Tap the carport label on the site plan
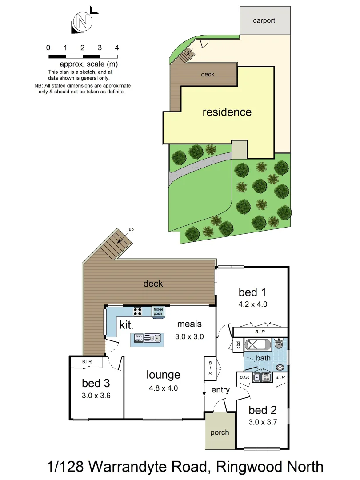[x=264, y=20]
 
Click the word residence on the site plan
[x=227, y=112]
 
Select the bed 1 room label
[x=252, y=292]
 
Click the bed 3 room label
[x=96, y=383]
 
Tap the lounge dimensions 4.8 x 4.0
[x=163, y=388]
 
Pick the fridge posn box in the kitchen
[x=158, y=311]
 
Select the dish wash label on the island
[x=139, y=338]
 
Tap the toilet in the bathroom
[x=279, y=344]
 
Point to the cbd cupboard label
[x=238, y=345]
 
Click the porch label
[x=220, y=432]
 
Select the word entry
[x=220, y=390]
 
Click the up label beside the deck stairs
[x=131, y=229]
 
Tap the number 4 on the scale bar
[x=116, y=48]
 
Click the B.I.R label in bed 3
[x=87, y=362]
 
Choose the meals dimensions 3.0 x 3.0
[x=189, y=336]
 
